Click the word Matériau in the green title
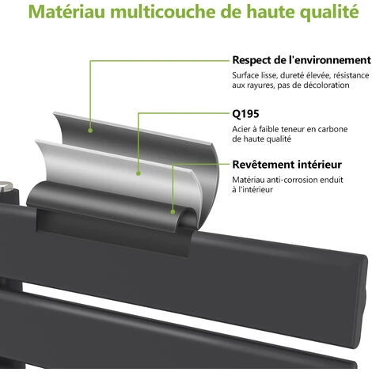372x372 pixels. point(66,11)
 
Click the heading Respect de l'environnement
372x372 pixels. point(302,60)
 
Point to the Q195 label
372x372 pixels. point(245,114)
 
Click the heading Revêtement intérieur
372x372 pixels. point(287,165)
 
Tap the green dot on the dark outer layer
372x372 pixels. point(90,131)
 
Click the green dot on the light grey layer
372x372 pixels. point(139,173)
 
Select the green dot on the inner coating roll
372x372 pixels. point(173,211)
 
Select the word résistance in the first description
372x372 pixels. point(351,75)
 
